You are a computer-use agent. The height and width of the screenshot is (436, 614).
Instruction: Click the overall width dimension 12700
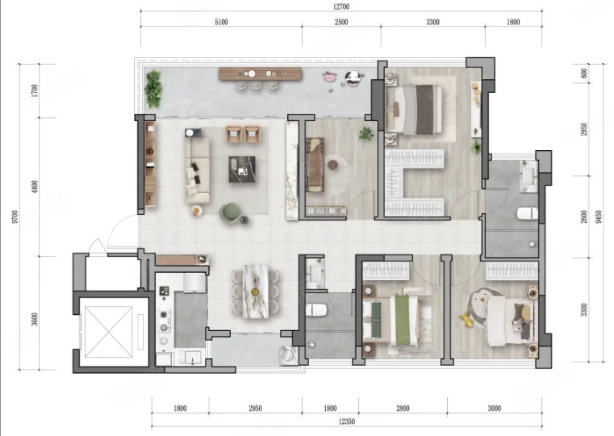pos(341,6)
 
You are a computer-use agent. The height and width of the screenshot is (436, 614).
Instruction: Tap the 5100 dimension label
pos(221,22)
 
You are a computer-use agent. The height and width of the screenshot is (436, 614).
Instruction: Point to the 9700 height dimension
pos(15,216)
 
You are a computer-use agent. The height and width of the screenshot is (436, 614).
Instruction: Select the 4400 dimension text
pos(36,187)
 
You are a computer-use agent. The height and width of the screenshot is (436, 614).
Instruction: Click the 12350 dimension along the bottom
pos(347,421)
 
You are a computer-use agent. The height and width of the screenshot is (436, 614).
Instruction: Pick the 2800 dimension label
pos(403,409)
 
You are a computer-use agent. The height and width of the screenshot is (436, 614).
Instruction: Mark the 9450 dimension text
pos(598,216)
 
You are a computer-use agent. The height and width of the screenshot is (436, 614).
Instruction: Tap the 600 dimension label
pos(584,73)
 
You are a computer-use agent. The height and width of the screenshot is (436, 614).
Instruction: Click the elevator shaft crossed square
pos(109,331)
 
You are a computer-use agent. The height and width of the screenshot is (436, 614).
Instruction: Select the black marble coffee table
pos(242,170)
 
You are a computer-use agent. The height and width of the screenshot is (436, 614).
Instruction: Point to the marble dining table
pos(255,291)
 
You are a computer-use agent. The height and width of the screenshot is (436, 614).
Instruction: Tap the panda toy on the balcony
pos(354,78)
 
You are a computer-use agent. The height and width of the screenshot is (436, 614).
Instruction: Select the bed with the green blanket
pos(391,320)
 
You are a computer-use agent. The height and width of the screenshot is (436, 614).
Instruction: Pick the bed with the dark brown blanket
pos(414,110)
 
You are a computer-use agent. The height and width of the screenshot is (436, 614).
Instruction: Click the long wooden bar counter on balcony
pos(260,73)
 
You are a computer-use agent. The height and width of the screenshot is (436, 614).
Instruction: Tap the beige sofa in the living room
pos(198,169)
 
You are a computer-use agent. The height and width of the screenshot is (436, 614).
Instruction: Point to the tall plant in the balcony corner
pos(153,90)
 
